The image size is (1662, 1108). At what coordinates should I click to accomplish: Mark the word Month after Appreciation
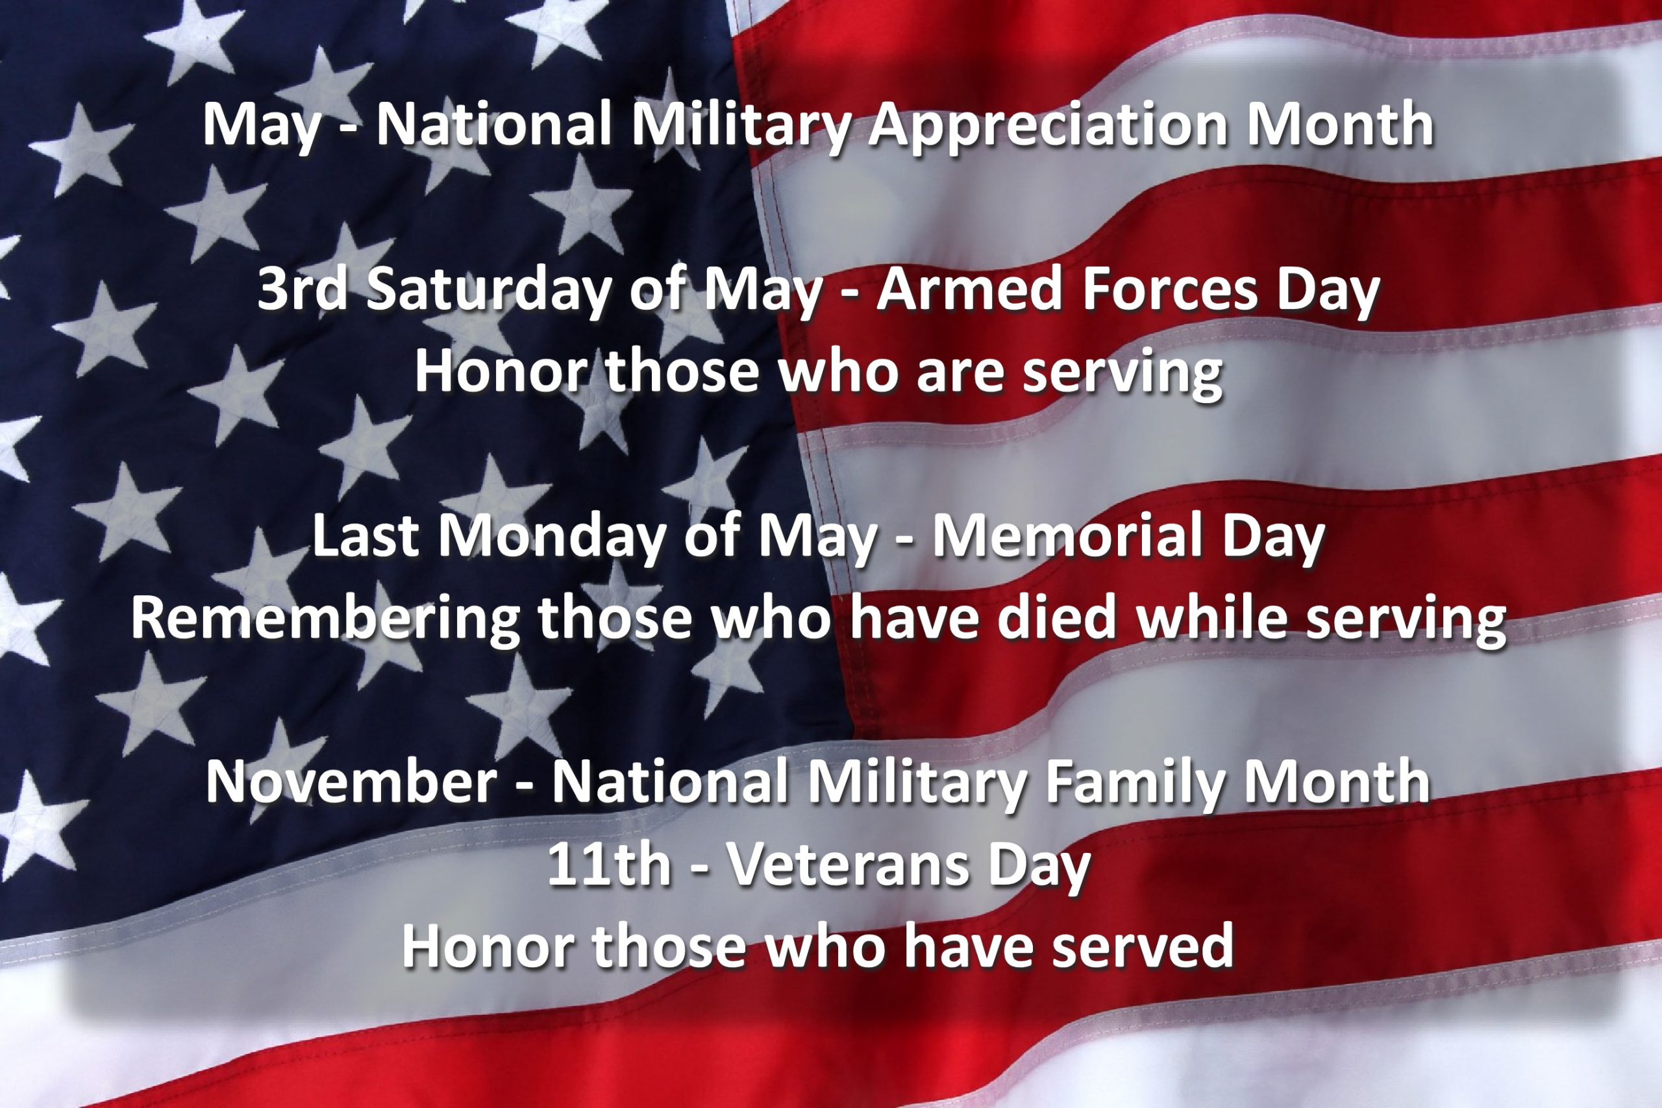click(1340, 126)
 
